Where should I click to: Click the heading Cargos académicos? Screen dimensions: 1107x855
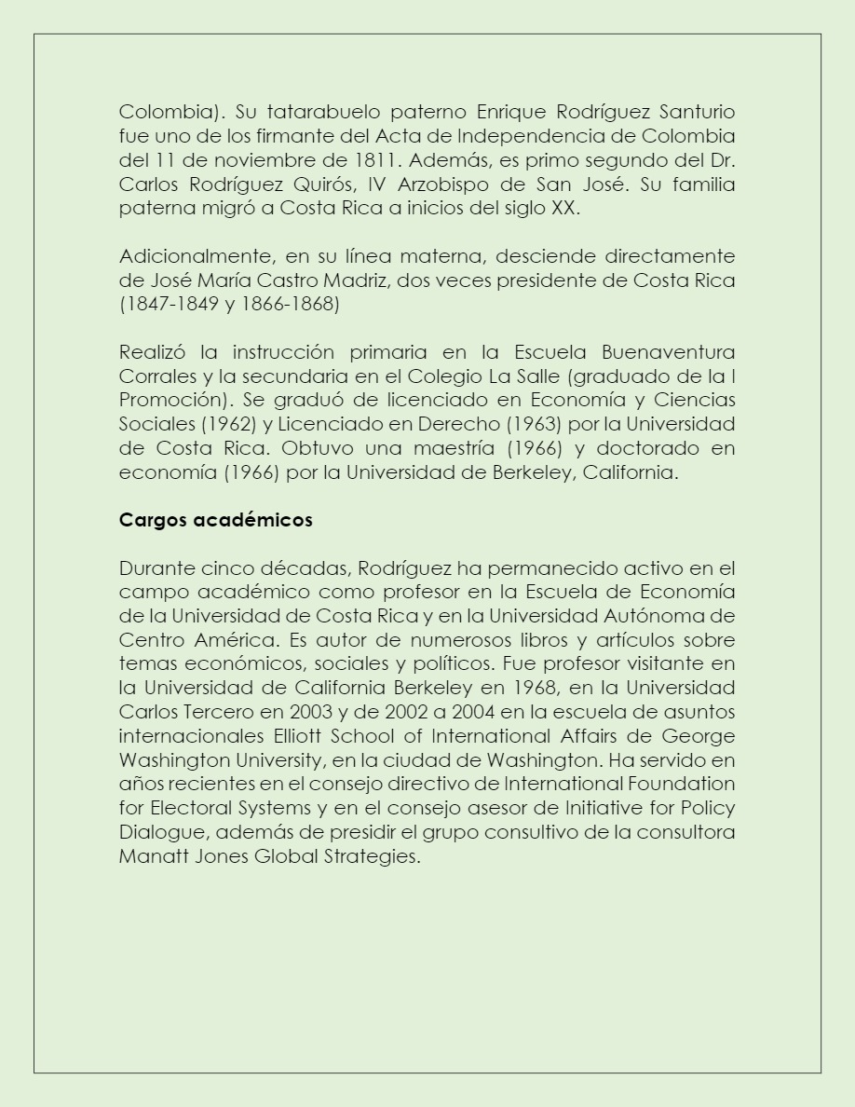click(x=215, y=520)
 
